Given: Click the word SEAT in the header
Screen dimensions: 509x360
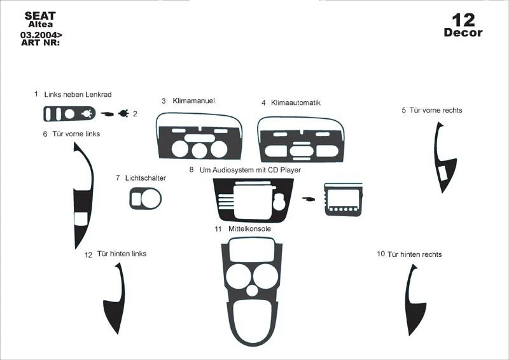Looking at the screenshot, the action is click(40, 15).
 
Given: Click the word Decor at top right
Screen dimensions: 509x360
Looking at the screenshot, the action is click(463, 32).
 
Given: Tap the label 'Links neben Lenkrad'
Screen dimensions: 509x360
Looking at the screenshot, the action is click(78, 95).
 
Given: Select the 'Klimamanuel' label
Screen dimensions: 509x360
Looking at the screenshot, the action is click(194, 100).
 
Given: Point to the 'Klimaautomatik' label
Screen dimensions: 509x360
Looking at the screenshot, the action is click(296, 102).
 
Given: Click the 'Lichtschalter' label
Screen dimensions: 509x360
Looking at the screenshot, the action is click(146, 178).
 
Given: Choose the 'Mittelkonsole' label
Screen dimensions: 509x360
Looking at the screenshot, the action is click(249, 228).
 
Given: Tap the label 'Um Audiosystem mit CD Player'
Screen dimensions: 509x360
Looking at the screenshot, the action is click(250, 170).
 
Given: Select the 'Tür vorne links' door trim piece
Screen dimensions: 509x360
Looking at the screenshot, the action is click(83, 195).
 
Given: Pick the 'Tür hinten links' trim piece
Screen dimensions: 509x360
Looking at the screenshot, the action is click(115, 298).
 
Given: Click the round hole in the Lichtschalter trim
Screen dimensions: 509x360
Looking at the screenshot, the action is click(151, 198).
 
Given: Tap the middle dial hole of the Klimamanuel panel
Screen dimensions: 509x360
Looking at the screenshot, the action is click(199, 150).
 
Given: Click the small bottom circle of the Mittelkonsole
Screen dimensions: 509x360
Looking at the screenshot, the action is click(252, 290).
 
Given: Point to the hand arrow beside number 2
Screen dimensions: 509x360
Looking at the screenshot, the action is click(108, 114).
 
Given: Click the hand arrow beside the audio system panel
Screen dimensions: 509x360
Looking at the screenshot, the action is click(309, 198).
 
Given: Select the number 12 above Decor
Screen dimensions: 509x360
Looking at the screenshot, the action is click(464, 20).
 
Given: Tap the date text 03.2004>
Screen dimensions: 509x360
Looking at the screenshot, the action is click(41, 35).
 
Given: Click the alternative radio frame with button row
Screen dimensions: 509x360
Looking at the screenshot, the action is click(344, 200).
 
